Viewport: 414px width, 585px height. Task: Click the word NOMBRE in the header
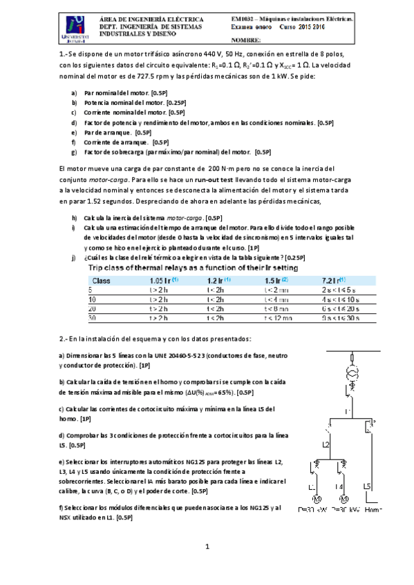pyautogui.click(x=249, y=41)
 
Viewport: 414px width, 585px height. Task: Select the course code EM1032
pyautogui.click(x=243, y=20)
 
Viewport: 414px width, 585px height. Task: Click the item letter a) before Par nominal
pyautogui.click(x=74, y=92)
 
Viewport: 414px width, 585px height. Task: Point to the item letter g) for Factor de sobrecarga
pyautogui.click(x=74, y=152)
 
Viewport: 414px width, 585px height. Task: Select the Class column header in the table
pyautogui.click(x=102, y=281)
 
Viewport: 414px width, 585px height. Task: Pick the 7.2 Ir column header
pyautogui.click(x=334, y=281)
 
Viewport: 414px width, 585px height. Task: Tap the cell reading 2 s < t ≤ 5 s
pyautogui.click(x=337, y=290)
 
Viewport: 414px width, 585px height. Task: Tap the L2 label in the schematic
pyautogui.click(x=325, y=445)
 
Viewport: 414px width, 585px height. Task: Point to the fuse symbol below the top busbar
pyautogui.click(x=352, y=358)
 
